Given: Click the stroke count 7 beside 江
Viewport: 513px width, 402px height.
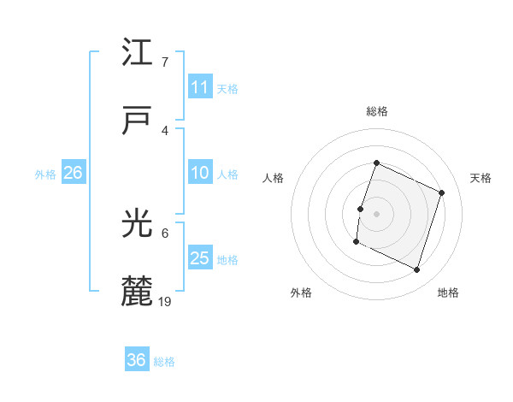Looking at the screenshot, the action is pyautogui.click(x=165, y=62).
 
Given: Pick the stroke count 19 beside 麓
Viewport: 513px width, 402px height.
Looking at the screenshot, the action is pyautogui.click(x=166, y=301).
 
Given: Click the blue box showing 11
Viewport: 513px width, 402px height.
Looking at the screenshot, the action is pyautogui.click(x=200, y=87).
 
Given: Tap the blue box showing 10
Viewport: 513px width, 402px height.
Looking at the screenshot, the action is pyautogui.click(x=200, y=173).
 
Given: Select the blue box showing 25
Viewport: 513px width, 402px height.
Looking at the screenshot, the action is pyautogui.click(x=200, y=258).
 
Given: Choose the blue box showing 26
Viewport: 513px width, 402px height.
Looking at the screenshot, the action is pyautogui.click(x=73, y=173).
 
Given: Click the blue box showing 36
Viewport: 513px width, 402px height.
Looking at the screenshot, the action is pyautogui.click(x=137, y=360).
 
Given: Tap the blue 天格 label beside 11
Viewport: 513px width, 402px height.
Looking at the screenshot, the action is pyautogui.click(x=227, y=88).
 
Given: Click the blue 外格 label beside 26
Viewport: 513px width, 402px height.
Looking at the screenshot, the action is pyautogui.click(x=45, y=174).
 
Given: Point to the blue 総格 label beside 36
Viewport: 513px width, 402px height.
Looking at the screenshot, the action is pyautogui.click(x=164, y=361).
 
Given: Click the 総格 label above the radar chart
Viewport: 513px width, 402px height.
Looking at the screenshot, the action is pyautogui.click(x=376, y=111).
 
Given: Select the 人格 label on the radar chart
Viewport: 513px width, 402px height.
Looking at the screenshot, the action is pyautogui.click(x=274, y=178).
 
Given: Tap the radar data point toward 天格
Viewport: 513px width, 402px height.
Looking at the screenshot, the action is pyautogui.click(x=442, y=192).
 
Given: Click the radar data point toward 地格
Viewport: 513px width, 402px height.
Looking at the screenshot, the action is pyautogui.click(x=417, y=270).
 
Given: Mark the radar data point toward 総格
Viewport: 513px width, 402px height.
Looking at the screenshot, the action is pyautogui.click(x=376, y=163).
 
